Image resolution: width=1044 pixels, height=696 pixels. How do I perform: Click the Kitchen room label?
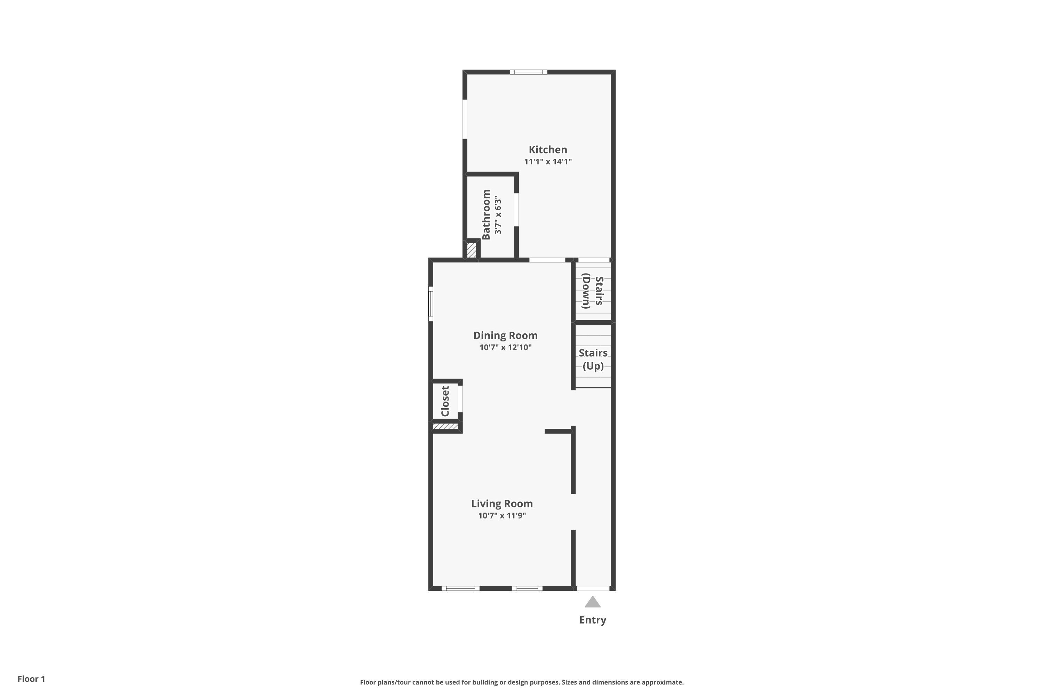548,150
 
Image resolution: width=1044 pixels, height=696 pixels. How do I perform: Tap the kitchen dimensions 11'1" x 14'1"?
548,161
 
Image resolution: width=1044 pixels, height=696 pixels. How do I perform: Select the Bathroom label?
486,214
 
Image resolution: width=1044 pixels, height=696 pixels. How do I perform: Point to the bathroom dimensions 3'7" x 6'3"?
498,215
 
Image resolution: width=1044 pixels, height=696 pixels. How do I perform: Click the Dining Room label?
505,335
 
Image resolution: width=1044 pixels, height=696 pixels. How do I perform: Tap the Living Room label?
502,504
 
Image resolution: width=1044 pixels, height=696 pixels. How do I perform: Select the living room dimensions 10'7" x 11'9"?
502,516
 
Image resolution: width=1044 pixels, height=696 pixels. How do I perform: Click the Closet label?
445,401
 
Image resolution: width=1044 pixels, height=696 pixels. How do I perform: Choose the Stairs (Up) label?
593,359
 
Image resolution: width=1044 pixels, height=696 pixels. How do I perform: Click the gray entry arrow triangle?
593,602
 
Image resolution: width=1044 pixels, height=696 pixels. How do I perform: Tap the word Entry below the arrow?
593,620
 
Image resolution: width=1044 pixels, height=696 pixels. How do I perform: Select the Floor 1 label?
31,679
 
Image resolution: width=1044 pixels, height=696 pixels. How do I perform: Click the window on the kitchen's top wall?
528,72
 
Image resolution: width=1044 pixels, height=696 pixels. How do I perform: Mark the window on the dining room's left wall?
430,303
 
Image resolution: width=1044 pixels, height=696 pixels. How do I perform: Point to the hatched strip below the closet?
445,426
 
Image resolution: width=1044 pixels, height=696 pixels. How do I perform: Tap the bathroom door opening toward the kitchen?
516,209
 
